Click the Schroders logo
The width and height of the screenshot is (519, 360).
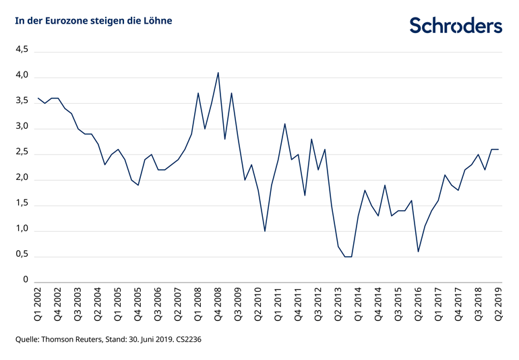click(456, 25)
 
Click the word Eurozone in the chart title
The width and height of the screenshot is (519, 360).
click(71, 21)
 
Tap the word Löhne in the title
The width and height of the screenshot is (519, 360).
click(157, 21)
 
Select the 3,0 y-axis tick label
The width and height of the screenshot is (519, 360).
click(22, 127)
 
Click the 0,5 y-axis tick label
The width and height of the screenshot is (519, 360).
click(22, 255)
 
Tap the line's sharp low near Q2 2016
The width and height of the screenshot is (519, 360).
click(418, 251)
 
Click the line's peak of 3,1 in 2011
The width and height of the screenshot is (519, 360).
click(284, 124)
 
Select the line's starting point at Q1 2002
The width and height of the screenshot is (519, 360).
click(38, 98)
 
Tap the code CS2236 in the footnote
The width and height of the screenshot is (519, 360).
click(187, 340)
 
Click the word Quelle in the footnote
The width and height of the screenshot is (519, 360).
click(28, 340)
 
